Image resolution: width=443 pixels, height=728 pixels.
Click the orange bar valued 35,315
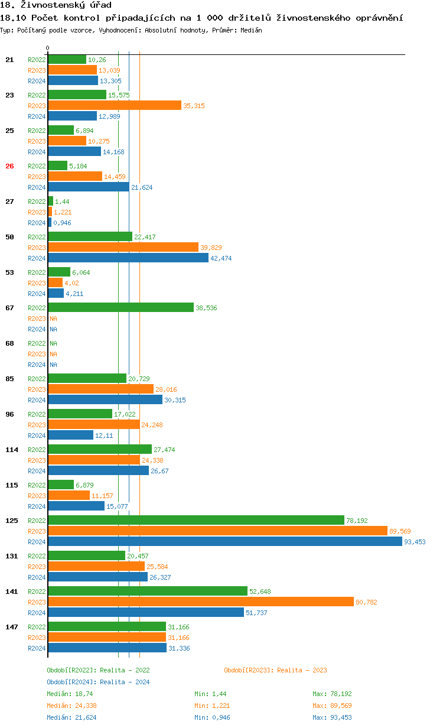click(115, 105)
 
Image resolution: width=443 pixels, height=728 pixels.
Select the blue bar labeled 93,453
click(224, 541)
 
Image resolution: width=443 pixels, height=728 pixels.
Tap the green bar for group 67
click(120, 307)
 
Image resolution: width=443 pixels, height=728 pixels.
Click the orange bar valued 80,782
click(201, 602)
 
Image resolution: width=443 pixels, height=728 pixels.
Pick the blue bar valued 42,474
click(128, 258)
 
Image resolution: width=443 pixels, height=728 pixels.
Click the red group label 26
click(9, 166)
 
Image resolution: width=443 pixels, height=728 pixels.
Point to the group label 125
click(12, 521)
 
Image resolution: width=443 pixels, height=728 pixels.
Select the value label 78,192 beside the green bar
click(357, 521)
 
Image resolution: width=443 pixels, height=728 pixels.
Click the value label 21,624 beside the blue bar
click(142, 187)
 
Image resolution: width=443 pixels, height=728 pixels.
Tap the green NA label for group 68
click(53, 343)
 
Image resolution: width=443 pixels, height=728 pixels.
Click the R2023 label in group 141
click(37, 602)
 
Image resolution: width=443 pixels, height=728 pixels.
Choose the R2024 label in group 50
click(37, 258)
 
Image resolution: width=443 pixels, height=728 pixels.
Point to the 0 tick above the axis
click(48, 48)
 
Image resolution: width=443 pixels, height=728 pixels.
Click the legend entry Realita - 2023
click(275, 670)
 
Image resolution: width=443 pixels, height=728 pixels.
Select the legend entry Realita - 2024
click(98, 682)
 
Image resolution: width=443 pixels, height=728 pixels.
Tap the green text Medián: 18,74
click(68, 694)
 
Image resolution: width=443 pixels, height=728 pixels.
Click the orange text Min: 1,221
click(212, 706)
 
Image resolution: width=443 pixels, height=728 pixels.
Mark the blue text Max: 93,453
click(332, 717)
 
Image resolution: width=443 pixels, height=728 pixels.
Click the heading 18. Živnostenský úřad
click(56, 5)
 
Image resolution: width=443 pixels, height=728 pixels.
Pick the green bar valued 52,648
click(148, 591)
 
